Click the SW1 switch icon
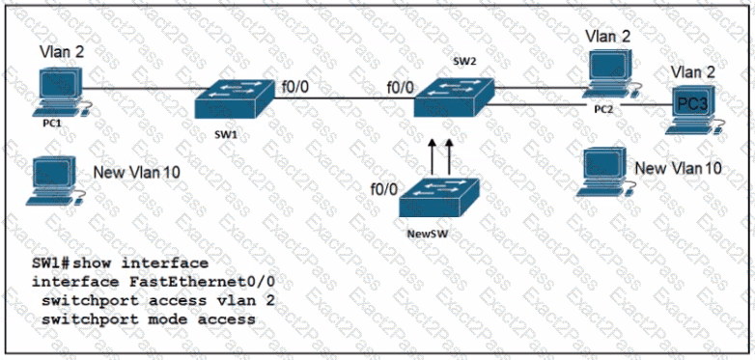(235, 101)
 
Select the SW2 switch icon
(454, 98)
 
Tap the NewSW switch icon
(439, 197)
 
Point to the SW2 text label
(464, 63)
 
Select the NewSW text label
(424, 235)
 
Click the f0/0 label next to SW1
(293, 89)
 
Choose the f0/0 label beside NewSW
(383, 189)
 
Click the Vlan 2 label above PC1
(62, 52)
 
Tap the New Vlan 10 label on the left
(137, 172)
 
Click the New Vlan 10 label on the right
(678, 168)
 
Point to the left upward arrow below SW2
(432, 157)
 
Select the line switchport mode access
(149, 318)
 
